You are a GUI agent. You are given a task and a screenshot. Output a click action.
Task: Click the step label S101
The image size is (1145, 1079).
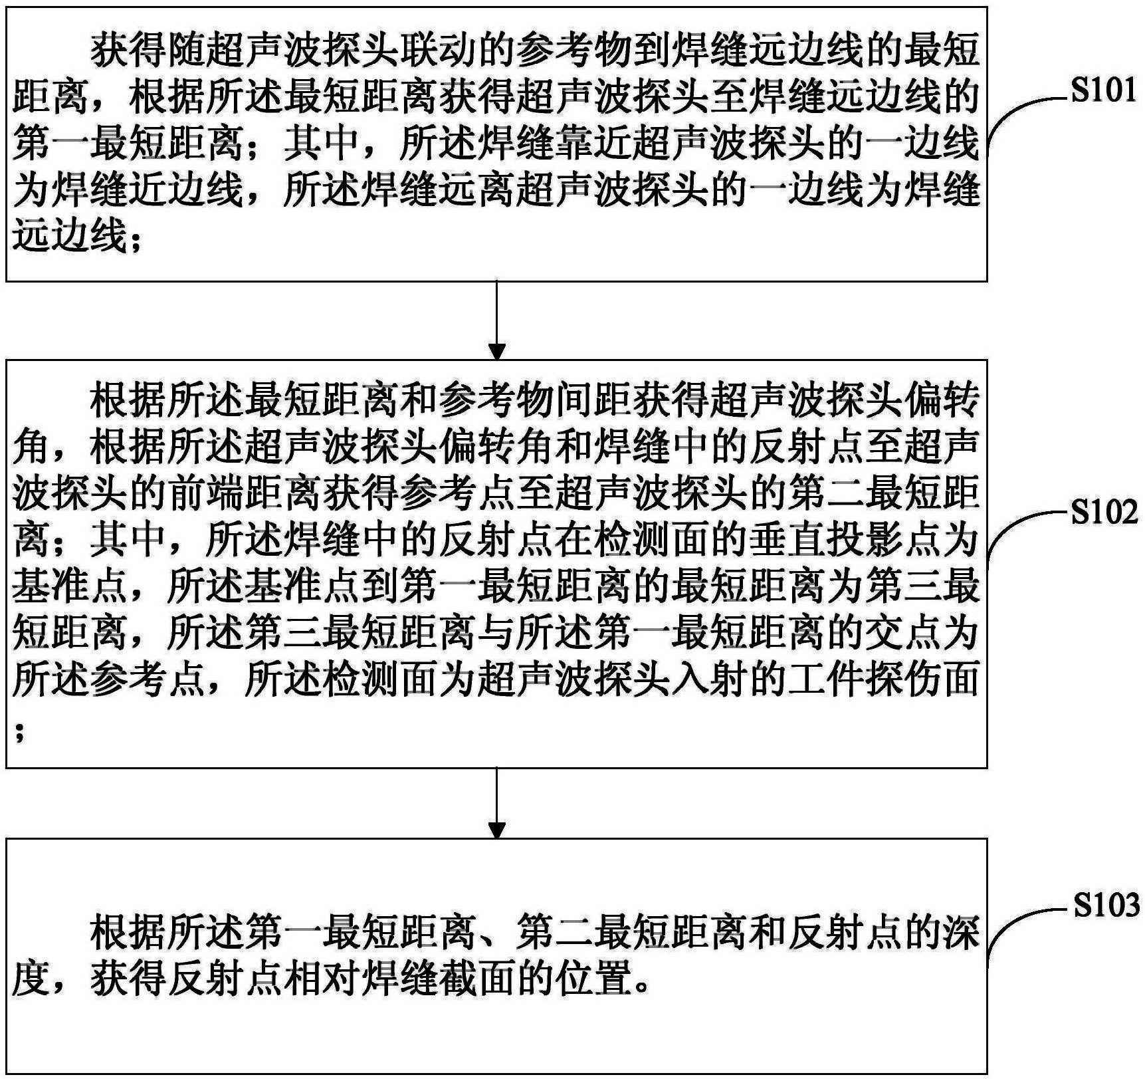[x=1104, y=90]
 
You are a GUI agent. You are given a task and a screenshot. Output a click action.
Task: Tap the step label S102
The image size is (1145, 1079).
[x=1104, y=513]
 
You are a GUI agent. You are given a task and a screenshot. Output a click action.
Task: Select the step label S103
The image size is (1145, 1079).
[x=1106, y=905]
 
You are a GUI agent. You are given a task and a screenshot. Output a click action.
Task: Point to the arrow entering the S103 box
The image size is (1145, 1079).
[x=496, y=803]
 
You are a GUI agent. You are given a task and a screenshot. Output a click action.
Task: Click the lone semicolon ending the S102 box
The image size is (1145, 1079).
[x=19, y=731]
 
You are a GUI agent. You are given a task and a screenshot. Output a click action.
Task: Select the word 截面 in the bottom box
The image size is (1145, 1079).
[x=477, y=981]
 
